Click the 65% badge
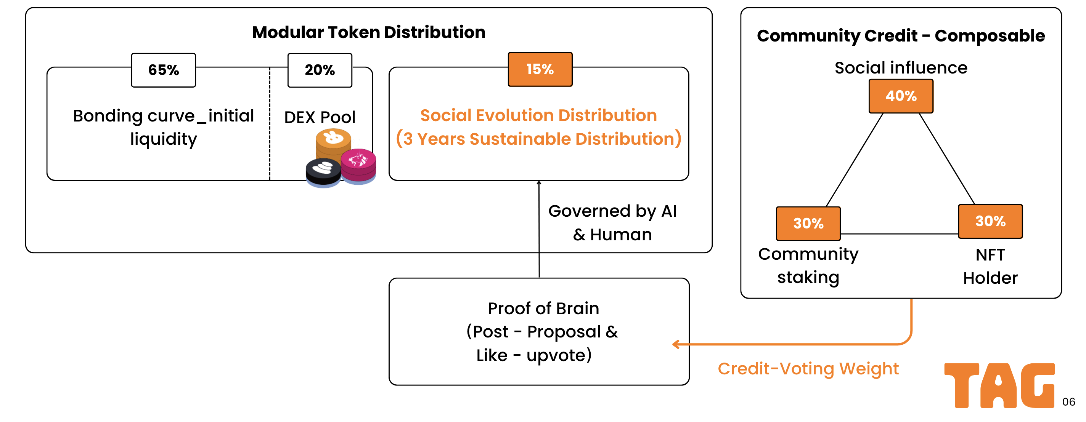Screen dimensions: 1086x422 coord(164,70)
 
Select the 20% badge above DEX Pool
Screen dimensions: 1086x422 coord(320,70)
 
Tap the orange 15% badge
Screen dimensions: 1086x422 coord(540,69)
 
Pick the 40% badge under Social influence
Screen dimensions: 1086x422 coord(901,96)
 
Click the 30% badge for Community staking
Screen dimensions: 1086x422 coord(808,223)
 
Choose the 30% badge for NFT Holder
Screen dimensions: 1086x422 coord(990,222)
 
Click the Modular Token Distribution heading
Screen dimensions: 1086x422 coord(369,32)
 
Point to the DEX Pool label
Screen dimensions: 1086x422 coord(320,117)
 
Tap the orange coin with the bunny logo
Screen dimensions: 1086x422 coord(333,143)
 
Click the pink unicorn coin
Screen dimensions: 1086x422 coord(358,166)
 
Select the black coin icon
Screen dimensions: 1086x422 coord(323,173)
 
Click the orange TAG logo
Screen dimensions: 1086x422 coord(999,385)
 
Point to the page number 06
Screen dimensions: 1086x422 coord(1069,402)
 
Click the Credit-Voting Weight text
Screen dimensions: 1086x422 coord(808,369)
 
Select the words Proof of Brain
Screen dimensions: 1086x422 coord(543,308)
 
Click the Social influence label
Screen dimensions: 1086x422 coord(901,68)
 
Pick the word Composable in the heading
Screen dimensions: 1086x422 coord(990,36)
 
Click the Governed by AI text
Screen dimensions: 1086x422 coord(612,211)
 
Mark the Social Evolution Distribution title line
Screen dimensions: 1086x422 coord(539,115)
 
